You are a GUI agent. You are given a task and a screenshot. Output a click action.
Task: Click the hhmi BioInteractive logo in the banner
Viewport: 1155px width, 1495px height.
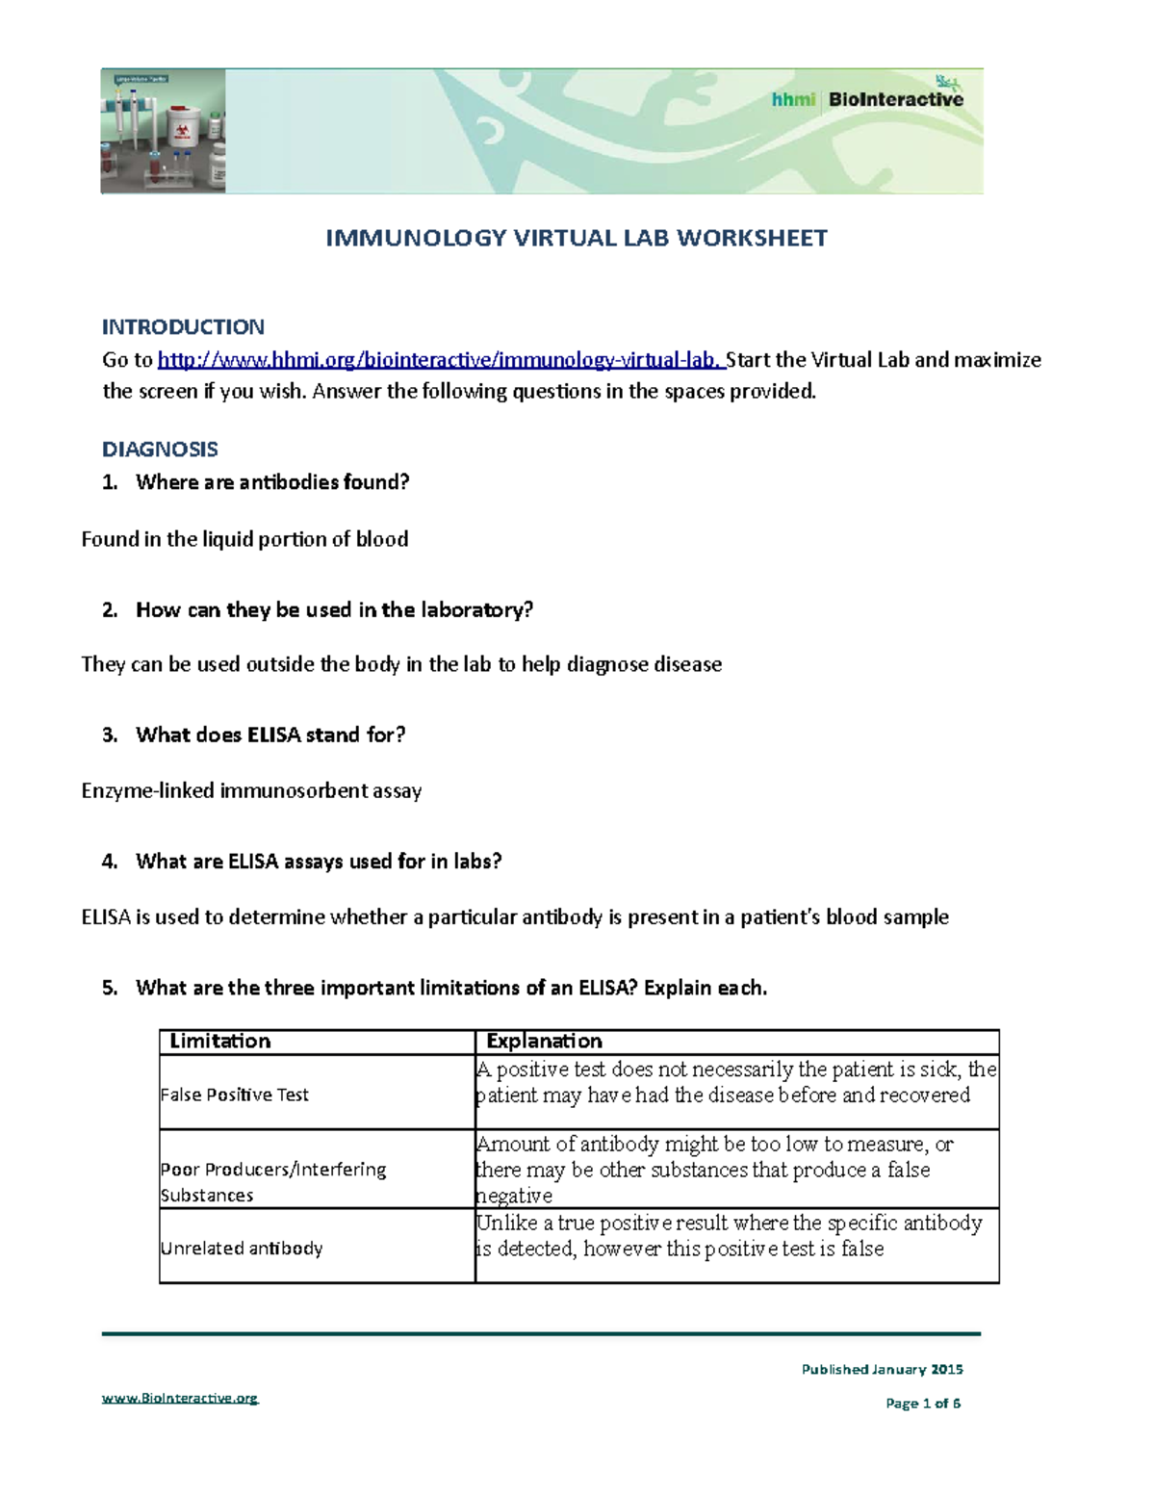pyautogui.click(x=866, y=98)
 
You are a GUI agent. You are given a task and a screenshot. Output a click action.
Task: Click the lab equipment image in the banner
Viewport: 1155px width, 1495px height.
pyautogui.click(x=163, y=131)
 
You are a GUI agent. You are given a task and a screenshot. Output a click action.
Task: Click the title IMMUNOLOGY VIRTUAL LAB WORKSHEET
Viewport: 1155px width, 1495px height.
pyautogui.click(x=576, y=238)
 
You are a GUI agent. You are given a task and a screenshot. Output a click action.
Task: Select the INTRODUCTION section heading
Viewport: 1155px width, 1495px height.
pyautogui.click(x=183, y=326)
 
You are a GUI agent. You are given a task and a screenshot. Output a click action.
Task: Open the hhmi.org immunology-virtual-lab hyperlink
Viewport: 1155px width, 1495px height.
pyautogui.click(x=440, y=360)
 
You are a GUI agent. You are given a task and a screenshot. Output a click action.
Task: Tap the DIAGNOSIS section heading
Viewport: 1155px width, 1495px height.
pyautogui.click(x=160, y=449)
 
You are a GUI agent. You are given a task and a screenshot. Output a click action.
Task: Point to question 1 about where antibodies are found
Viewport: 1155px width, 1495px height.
pyautogui.click(x=272, y=482)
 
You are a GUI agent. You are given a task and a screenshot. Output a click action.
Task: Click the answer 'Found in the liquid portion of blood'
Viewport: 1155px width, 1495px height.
pyautogui.click(x=244, y=539)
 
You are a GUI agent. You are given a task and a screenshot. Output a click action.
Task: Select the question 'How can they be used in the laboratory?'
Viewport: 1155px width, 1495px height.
pyautogui.click(x=334, y=609)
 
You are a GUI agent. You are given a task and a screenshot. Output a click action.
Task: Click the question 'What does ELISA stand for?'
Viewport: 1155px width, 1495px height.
pyautogui.click(x=270, y=735)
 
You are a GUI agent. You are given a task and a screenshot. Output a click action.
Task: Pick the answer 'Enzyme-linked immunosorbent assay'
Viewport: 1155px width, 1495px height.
pyautogui.click(x=251, y=791)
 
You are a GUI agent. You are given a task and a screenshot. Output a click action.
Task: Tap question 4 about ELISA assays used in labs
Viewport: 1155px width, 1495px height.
pyautogui.click(x=319, y=862)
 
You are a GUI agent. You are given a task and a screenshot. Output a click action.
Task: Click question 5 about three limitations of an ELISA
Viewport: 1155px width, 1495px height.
pyautogui.click(x=450, y=988)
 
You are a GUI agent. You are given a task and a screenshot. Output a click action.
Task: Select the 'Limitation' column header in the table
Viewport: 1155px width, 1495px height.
pyautogui.click(x=220, y=1041)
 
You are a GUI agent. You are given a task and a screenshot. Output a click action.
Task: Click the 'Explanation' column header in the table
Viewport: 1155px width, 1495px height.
pyautogui.click(x=544, y=1041)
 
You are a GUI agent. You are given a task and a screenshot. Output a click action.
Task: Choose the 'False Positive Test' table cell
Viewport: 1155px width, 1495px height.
pyautogui.click(x=235, y=1095)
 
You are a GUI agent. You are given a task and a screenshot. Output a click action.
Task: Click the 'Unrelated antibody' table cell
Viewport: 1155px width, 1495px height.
pyautogui.click(x=242, y=1248)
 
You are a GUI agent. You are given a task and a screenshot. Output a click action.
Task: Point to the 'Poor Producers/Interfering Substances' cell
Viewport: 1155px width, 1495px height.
pyautogui.click(x=272, y=1182)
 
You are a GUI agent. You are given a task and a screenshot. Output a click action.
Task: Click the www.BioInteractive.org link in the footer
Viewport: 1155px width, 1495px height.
pyautogui.click(x=180, y=1398)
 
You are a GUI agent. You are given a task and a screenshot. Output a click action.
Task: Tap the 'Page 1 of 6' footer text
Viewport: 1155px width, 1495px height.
pyautogui.click(x=922, y=1404)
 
